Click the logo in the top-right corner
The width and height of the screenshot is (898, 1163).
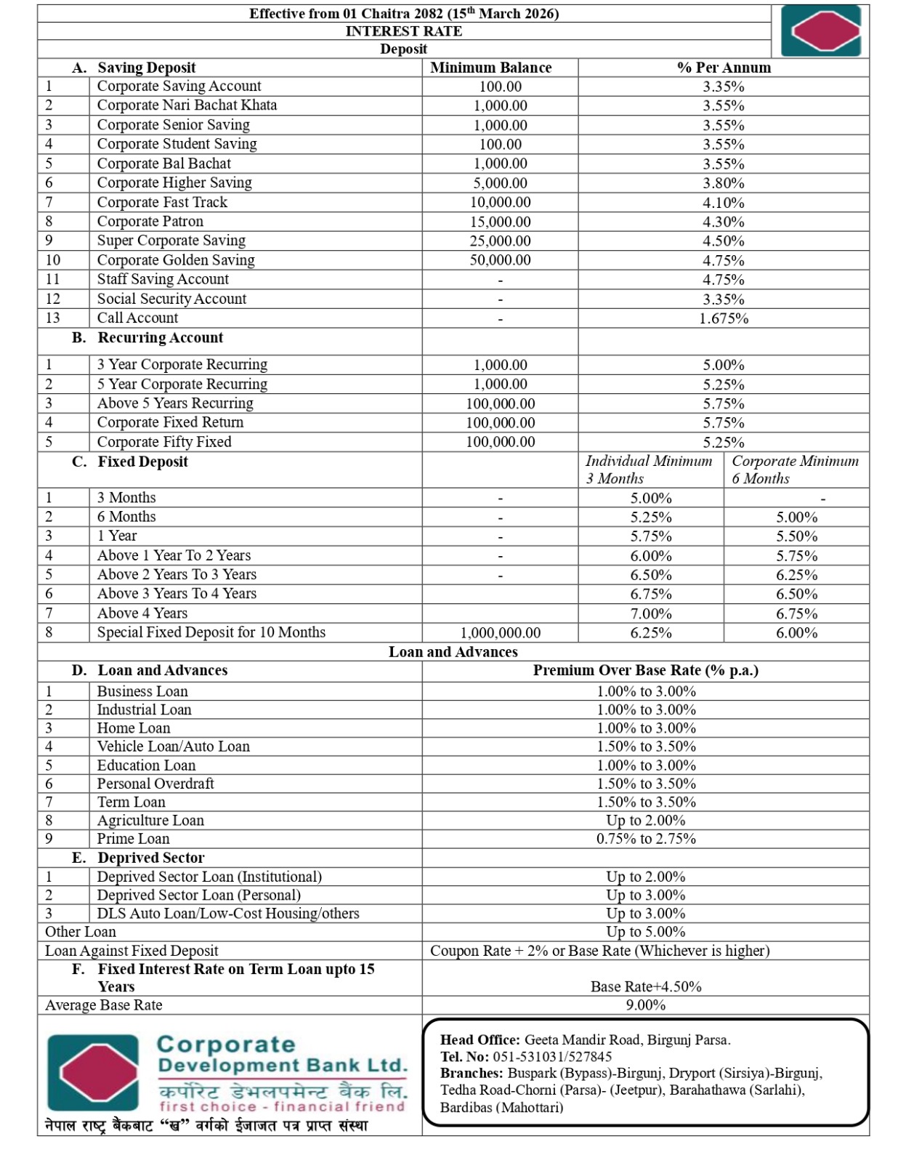click(x=820, y=31)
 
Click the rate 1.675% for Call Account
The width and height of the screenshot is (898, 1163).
click(x=723, y=318)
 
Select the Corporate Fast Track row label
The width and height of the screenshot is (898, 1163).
click(x=162, y=202)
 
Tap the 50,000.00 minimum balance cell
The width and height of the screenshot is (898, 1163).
click(x=500, y=260)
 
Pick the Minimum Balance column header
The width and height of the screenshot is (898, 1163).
click(x=490, y=68)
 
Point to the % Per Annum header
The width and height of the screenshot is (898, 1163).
click(x=723, y=68)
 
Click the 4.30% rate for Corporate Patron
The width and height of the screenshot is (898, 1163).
click(x=723, y=222)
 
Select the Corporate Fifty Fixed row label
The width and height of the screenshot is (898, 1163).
click(x=164, y=442)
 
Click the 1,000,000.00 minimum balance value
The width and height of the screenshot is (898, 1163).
click(x=500, y=633)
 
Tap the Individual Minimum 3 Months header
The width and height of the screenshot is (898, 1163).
click(x=648, y=470)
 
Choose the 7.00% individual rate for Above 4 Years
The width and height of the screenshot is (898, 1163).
click(x=650, y=614)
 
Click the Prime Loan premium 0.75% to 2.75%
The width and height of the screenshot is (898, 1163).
click(x=645, y=839)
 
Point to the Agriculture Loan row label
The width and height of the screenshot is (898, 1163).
click(x=150, y=821)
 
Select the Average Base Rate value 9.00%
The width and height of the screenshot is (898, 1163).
click(x=645, y=1005)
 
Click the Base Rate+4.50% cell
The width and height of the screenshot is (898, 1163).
click(x=645, y=986)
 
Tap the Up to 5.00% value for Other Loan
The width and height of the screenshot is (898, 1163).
click(x=645, y=932)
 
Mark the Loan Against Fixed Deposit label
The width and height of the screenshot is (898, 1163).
click(x=132, y=951)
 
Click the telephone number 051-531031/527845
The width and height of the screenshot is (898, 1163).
click(x=552, y=1057)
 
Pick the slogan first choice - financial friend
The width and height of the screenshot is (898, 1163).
click(x=282, y=1107)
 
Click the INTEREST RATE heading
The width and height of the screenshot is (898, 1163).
click(x=403, y=31)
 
